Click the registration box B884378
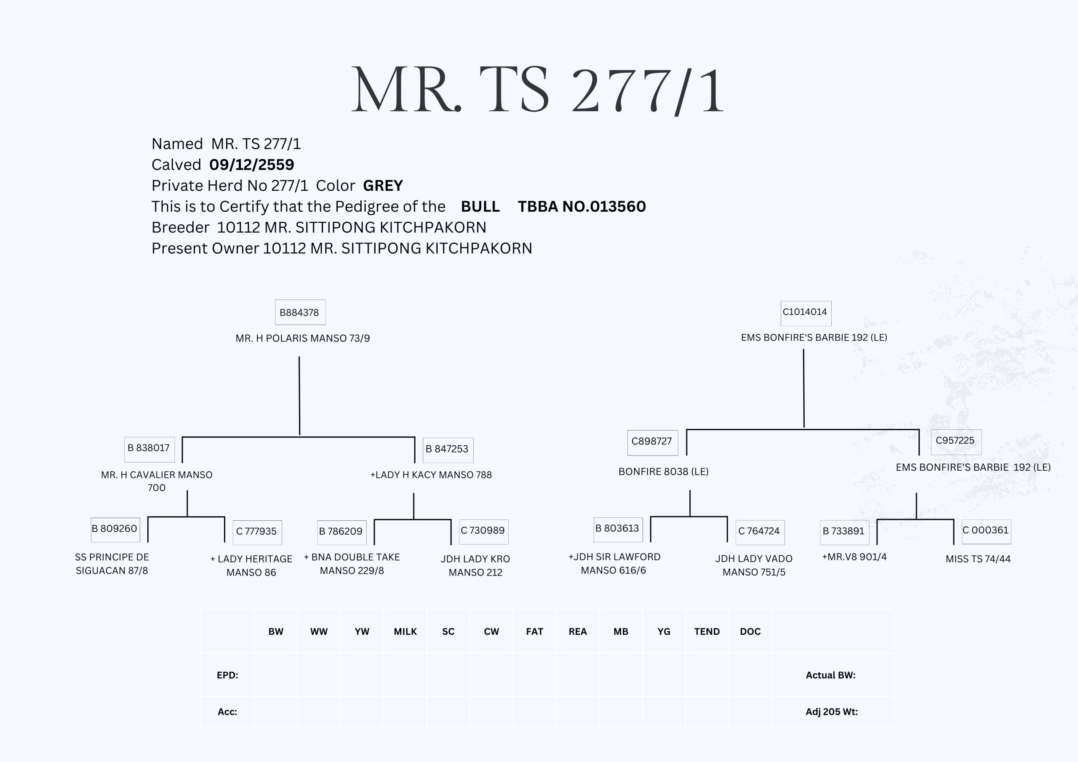point(300,312)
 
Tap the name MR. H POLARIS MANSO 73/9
point(302,338)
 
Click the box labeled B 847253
point(448,450)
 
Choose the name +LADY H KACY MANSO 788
point(431,474)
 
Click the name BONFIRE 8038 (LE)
point(663,472)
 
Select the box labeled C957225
point(955,441)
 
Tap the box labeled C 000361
point(986,531)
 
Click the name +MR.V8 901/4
point(854,557)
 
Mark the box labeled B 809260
point(115,530)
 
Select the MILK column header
point(405,631)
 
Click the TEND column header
point(707,631)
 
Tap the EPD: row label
point(227,675)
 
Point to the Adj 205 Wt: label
point(832,712)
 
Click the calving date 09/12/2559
point(252,165)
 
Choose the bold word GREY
point(383,186)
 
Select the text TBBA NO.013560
point(582,207)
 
